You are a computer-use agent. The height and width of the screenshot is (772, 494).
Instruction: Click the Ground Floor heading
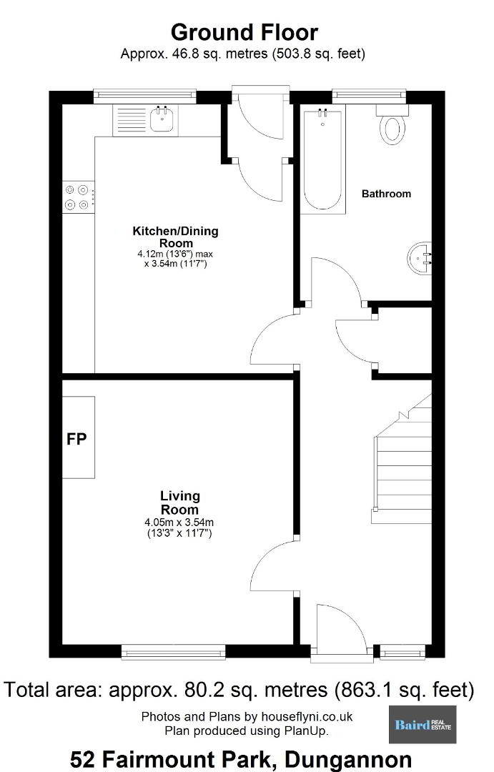(x=244, y=32)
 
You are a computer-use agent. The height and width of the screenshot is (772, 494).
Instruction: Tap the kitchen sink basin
(x=161, y=119)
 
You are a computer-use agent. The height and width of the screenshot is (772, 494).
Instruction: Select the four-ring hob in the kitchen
(x=78, y=197)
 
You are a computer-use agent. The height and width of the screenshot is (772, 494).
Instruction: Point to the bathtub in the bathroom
(x=322, y=161)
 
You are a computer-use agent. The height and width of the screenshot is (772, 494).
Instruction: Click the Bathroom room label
(x=386, y=194)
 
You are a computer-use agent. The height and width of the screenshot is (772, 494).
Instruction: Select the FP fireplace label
(x=76, y=438)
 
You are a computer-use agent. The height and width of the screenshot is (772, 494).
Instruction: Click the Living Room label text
(x=179, y=503)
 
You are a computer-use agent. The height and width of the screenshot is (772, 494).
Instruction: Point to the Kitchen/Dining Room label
(x=175, y=237)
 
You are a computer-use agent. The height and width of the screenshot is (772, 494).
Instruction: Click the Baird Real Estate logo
(x=423, y=724)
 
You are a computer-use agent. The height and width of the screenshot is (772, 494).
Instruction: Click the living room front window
(x=174, y=652)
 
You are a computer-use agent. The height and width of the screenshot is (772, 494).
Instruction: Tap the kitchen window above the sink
(x=145, y=96)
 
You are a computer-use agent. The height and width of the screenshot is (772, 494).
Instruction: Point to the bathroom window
(x=369, y=96)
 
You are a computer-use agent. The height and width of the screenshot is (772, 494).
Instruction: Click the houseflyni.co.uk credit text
(x=247, y=716)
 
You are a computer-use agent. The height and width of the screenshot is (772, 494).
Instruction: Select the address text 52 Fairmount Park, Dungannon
(x=241, y=759)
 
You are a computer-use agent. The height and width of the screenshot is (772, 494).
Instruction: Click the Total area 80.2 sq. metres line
(x=239, y=690)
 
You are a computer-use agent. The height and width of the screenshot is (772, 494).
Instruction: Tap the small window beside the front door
(x=402, y=653)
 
